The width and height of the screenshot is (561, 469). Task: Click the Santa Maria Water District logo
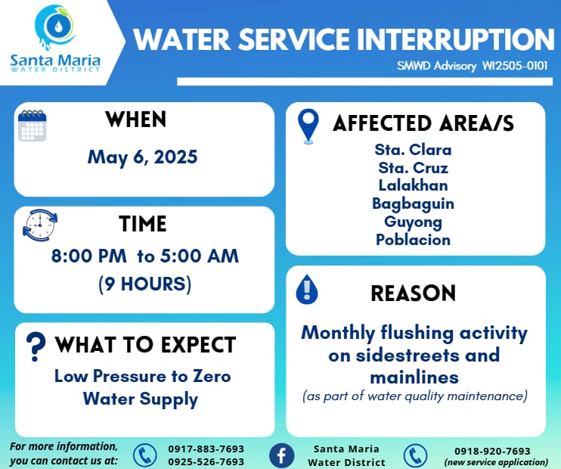(55, 39)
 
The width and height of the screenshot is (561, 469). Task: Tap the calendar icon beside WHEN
(33, 126)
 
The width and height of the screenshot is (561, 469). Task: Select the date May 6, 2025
(142, 157)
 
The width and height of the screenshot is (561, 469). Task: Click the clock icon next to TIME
(40, 225)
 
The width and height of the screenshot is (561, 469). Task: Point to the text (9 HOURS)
(145, 284)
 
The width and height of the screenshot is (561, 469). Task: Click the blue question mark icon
(36, 346)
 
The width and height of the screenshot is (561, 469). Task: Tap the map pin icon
(308, 126)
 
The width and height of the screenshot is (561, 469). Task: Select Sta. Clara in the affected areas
(413, 150)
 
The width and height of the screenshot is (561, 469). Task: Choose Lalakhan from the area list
(414, 185)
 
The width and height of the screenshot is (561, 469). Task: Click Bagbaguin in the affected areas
(414, 204)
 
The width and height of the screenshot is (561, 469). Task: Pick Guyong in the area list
(414, 222)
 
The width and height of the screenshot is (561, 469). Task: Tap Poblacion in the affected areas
(414, 240)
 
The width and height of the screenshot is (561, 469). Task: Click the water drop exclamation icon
(307, 289)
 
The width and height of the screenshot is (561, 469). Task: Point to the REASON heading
(414, 294)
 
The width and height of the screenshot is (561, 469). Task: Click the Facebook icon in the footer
(281, 455)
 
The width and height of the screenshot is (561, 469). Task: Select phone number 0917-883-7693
(206, 449)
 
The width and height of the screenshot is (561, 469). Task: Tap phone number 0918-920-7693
(492, 451)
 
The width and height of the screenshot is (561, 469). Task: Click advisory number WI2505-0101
(515, 66)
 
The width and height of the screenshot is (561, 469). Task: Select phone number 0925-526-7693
(206, 462)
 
